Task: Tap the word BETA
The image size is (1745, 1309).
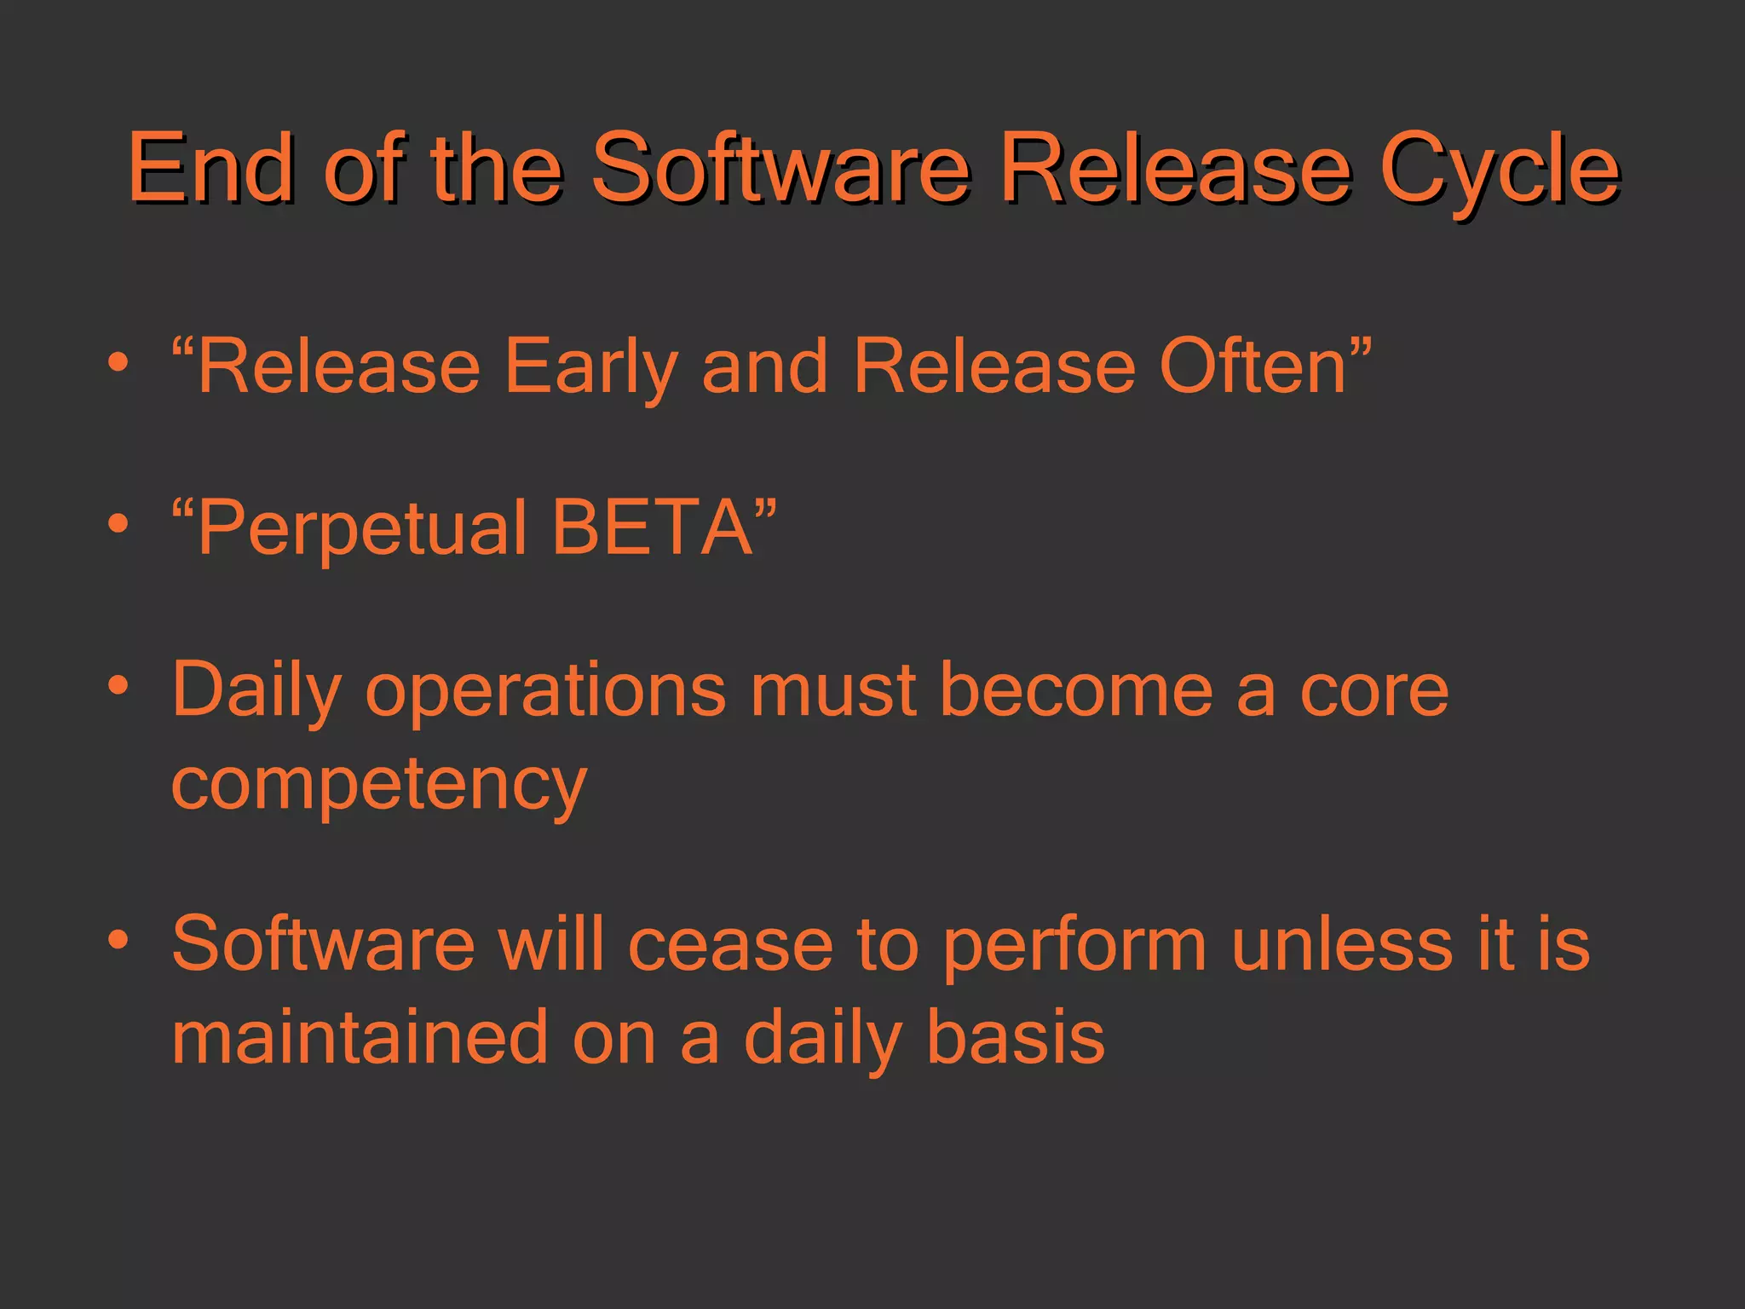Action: tap(653, 527)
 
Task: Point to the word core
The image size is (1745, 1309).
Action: tap(1374, 690)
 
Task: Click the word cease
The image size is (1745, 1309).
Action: tap(730, 945)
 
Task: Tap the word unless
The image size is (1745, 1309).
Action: tap(1341, 943)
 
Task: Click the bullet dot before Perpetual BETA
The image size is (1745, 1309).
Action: tap(118, 522)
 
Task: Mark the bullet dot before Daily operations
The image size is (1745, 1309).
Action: tap(118, 684)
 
